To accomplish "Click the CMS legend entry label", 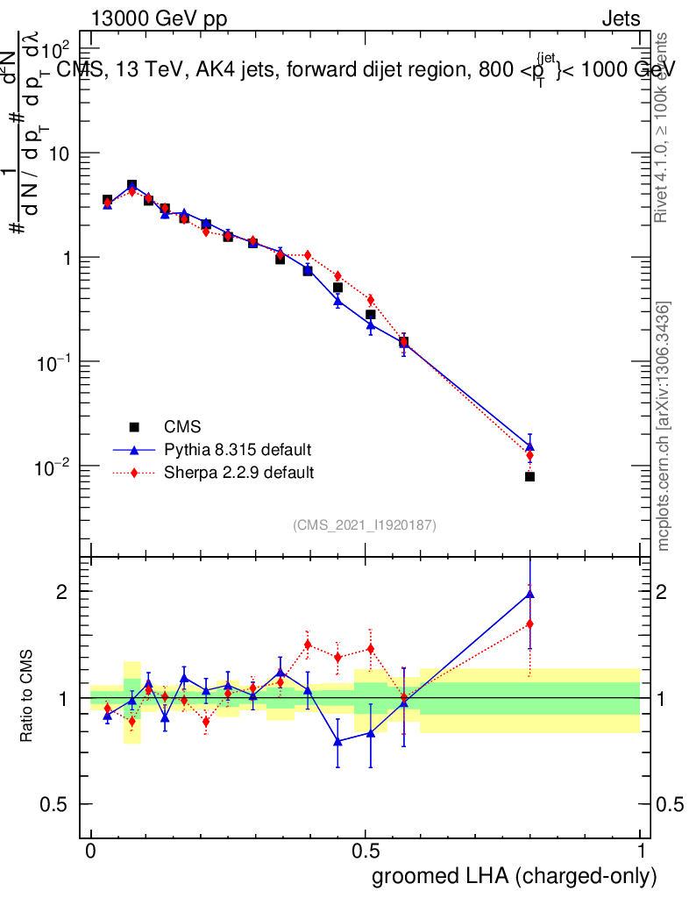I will pyautogui.click(x=182, y=427).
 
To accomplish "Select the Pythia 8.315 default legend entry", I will pyautogui.click(x=237, y=450).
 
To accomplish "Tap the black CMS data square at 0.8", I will pyautogui.click(x=529, y=476).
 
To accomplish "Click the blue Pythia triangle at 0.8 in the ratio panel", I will pyautogui.click(x=529, y=594).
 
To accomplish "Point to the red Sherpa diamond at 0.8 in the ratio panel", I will pyautogui.click(x=529, y=624).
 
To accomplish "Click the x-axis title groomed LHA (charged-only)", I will pyautogui.click(x=515, y=876).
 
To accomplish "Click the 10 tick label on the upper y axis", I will pyautogui.click(x=58, y=153).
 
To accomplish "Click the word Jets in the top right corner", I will pyautogui.click(x=620, y=18).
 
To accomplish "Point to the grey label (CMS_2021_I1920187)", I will pyautogui.click(x=365, y=524).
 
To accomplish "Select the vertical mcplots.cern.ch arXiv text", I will pyautogui.click(x=664, y=426).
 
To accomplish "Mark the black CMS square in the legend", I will pyautogui.click(x=134, y=427).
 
